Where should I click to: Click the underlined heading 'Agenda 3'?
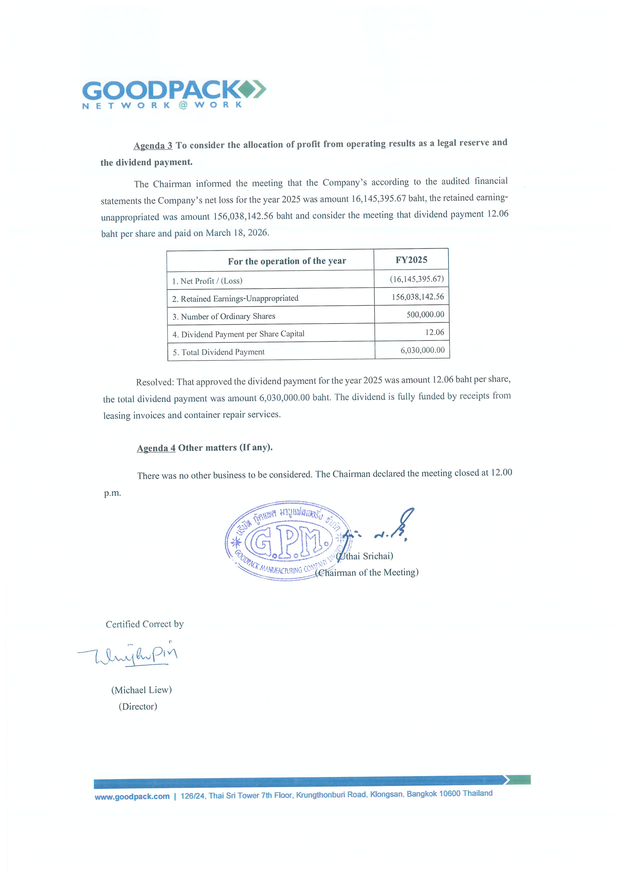(x=153, y=145)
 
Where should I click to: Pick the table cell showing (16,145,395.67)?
(x=416, y=279)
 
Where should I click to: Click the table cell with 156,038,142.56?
(x=417, y=297)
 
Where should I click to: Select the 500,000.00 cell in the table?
(x=425, y=314)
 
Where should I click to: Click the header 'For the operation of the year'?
(x=287, y=261)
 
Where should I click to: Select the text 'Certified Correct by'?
(x=144, y=624)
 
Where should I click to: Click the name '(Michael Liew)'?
(x=141, y=690)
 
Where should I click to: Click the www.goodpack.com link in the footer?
(x=132, y=797)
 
